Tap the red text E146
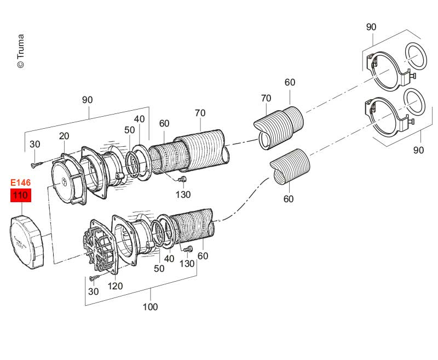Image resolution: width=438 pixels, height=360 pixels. (x=21, y=182)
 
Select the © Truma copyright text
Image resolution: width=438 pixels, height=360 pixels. (x=20, y=52)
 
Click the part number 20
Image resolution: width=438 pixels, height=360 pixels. (x=64, y=136)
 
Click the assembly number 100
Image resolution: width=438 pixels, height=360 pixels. (x=150, y=307)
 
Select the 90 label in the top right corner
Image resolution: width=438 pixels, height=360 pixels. (x=371, y=27)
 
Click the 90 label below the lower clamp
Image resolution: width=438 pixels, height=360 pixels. (x=418, y=150)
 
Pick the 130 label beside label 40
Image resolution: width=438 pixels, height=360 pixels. (x=187, y=264)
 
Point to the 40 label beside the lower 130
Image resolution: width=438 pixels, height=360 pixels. (x=170, y=259)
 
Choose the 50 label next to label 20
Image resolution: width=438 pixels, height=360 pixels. (x=129, y=130)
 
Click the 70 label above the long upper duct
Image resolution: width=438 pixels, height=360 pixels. (x=200, y=113)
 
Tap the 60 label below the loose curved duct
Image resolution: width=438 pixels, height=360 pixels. (x=289, y=199)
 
